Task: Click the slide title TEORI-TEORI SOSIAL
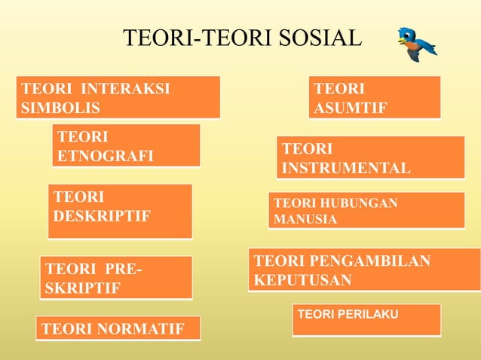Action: pyautogui.click(x=242, y=38)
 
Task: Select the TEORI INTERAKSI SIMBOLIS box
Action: pyautogui.click(x=118, y=97)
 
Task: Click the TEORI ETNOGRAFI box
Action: pyautogui.click(x=126, y=145)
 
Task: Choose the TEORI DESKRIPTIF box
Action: pyautogui.click(x=120, y=211)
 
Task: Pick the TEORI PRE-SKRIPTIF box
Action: pyautogui.click(x=116, y=278)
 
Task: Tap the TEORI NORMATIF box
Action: pyautogui.click(x=118, y=329)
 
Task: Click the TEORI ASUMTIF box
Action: pyautogui.click(x=375, y=97)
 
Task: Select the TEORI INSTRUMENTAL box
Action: pyautogui.click(x=370, y=157)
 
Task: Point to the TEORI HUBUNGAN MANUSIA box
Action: pyautogui.click(x=366, y=210)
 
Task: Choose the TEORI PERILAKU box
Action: pyautogui.click(x=366, y=319)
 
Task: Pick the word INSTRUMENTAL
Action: pyautogui.click(x=346, y=167)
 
